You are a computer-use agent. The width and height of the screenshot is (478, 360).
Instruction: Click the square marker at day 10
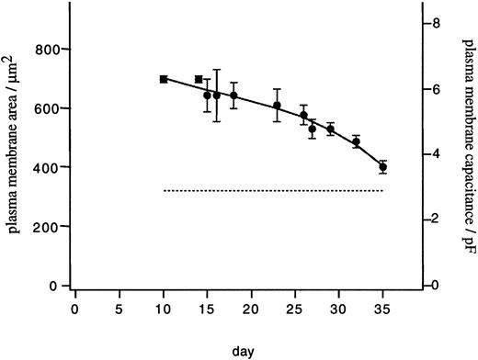coord(164,80)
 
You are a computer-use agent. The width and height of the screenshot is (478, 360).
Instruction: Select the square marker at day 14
coord(199,80)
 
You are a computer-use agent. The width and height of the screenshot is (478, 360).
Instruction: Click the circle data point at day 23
coord(277,106)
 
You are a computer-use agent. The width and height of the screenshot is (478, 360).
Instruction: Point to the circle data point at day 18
coord(233,96)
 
